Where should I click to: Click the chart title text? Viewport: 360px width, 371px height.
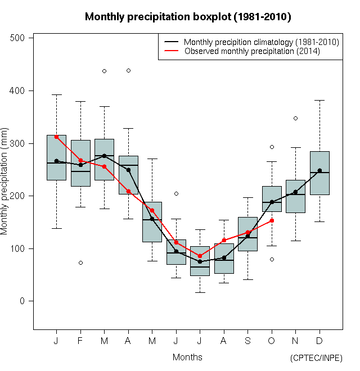pos(188,17)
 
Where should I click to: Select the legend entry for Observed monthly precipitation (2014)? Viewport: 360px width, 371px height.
pos(251,51)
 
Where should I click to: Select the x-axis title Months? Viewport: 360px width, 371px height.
pos(187,357)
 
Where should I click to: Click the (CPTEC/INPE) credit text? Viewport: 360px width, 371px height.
pos(316,358)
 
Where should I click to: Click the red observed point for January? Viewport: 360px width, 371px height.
pos(56,137)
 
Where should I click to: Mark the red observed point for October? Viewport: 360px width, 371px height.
pos(272,220)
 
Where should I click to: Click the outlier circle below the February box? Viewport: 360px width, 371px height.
pos(80,263)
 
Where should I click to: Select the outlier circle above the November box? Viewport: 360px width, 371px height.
pos(295,118)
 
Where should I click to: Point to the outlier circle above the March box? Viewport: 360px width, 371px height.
pos(104,71)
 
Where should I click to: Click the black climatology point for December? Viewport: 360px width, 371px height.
pos(319,170)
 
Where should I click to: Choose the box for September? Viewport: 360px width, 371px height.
pos(247,234)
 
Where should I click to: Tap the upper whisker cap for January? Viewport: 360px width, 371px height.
pos(56,94)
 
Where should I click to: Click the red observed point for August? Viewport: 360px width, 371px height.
pos(224,240)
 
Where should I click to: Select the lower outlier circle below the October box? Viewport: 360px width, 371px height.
pos(272,259)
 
